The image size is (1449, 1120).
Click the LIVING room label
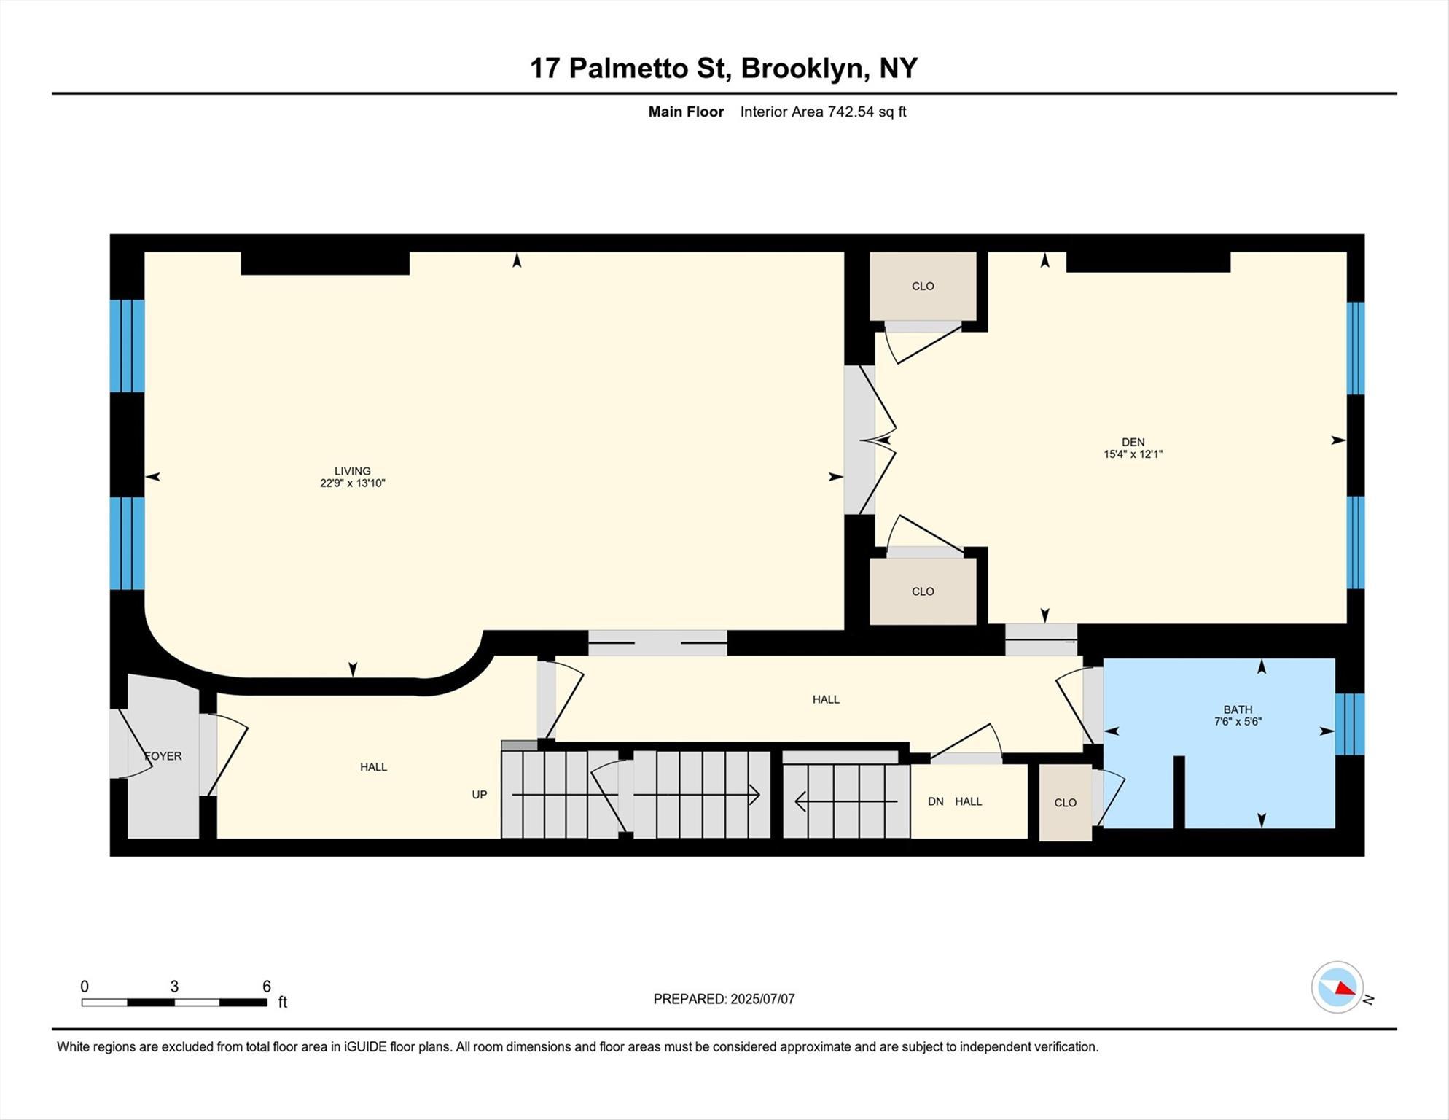pyautogui.click(x=352, y=471)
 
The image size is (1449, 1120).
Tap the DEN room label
pyautogui.click(x=1133, y=442)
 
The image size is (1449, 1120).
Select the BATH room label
pyautogui.click(x=1238, y=709)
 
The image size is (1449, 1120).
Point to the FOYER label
pyautogui.click(x=163, y=756)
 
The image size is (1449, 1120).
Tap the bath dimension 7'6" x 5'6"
pyautogui.click(x=1238, y=722)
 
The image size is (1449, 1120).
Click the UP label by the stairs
pyautogui.click(x=479, y=795)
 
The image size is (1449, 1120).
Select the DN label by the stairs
pyautogui.click(x=936, y=801)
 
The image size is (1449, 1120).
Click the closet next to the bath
pyautogui.click(x=1065, y=802)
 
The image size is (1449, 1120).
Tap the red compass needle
pyautogui.click(x=1345, y=988)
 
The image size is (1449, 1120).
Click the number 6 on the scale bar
pyautogui.click(x=267, y=987)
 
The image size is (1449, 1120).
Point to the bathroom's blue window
pyautogui.click(x=1349, y=723)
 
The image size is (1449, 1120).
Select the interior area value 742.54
pyautogui.click(x=851, y=112)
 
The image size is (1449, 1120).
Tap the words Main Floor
pyautogui.click(x=686, y=112)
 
